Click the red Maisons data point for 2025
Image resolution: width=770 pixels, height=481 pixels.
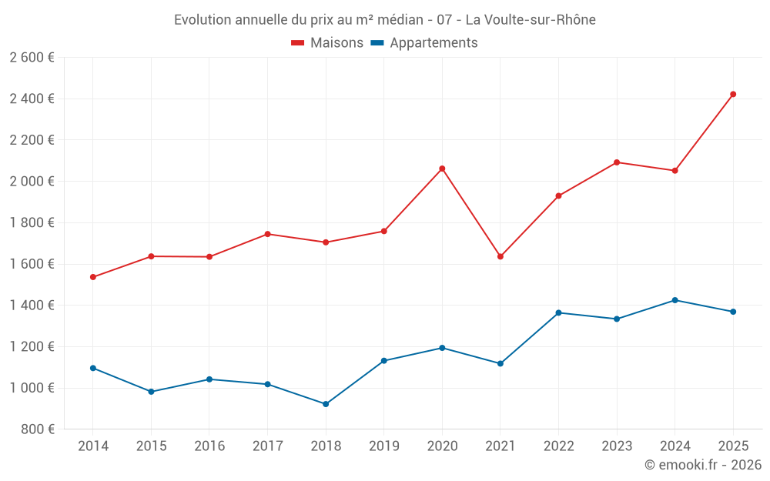(733, 94)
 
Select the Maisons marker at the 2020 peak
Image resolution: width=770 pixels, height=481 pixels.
(442, 169)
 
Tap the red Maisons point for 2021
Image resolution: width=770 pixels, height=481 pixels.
(500, 256)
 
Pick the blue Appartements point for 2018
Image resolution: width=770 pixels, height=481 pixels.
(326, 404)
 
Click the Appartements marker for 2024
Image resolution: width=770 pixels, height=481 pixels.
(675, 300)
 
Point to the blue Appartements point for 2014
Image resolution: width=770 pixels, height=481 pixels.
(93, 368)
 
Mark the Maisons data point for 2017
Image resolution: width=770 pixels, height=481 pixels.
(267, 234)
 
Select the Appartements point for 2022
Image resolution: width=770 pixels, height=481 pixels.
(558, 312)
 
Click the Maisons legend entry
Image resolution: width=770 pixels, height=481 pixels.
(327, 43)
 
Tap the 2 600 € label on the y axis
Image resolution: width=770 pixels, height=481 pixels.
(32, 58)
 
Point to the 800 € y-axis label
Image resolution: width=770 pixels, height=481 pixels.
(37, 429)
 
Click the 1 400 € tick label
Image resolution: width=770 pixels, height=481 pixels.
(32, 306)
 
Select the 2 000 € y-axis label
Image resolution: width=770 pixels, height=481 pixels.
(32, 182)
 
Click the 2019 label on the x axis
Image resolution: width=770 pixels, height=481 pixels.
(383, 446)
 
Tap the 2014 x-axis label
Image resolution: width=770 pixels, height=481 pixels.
(93, 446)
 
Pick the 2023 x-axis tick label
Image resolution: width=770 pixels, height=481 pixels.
(617, 446)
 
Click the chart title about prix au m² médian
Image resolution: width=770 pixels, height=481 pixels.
(384, 20)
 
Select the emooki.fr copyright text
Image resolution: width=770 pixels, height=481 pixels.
(702, 465)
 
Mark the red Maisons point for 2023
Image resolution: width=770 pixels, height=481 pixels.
(617, 162)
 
